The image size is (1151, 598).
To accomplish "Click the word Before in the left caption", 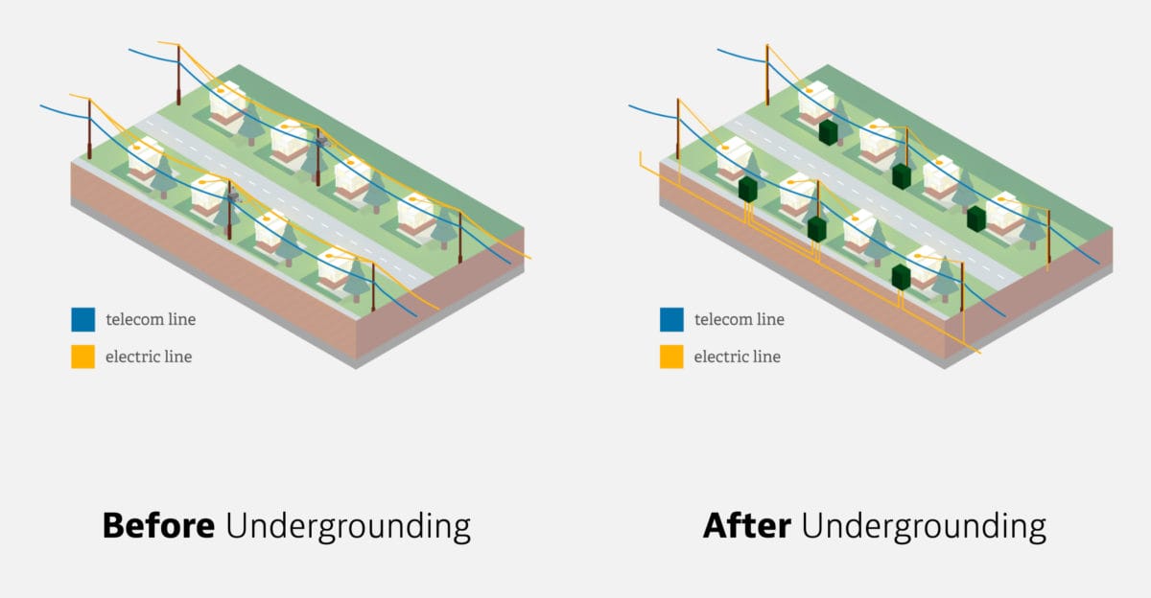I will (x=158, y=526).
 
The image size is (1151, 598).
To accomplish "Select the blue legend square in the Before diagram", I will (x=82, y=319).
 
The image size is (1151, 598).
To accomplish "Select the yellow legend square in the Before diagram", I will (x=82, y=356).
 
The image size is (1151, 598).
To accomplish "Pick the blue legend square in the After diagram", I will (x=671, y=319).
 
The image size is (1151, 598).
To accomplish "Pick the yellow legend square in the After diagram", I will (x=671, y=356).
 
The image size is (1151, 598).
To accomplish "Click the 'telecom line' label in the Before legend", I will (x=151, y=319).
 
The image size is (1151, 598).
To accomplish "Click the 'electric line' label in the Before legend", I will (x=149, y=356).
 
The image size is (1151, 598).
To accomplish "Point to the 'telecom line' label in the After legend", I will (x=739, y=319).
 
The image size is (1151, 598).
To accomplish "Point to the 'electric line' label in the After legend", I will (x=737, y=356).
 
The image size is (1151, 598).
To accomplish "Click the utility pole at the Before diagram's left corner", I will (x=89, y=129).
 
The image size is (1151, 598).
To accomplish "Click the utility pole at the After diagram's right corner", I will (x=1047, y=240).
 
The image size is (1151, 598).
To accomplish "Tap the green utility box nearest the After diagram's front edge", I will (x=900, y=277).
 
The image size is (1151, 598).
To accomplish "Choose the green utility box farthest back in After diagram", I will (x=829, y=132).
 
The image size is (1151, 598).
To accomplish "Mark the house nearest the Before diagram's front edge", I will (x=334, y=267).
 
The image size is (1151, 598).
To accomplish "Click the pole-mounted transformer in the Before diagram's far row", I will (x=320, y=143).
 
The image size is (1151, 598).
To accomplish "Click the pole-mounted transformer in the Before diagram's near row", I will (x=232, y=196).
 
